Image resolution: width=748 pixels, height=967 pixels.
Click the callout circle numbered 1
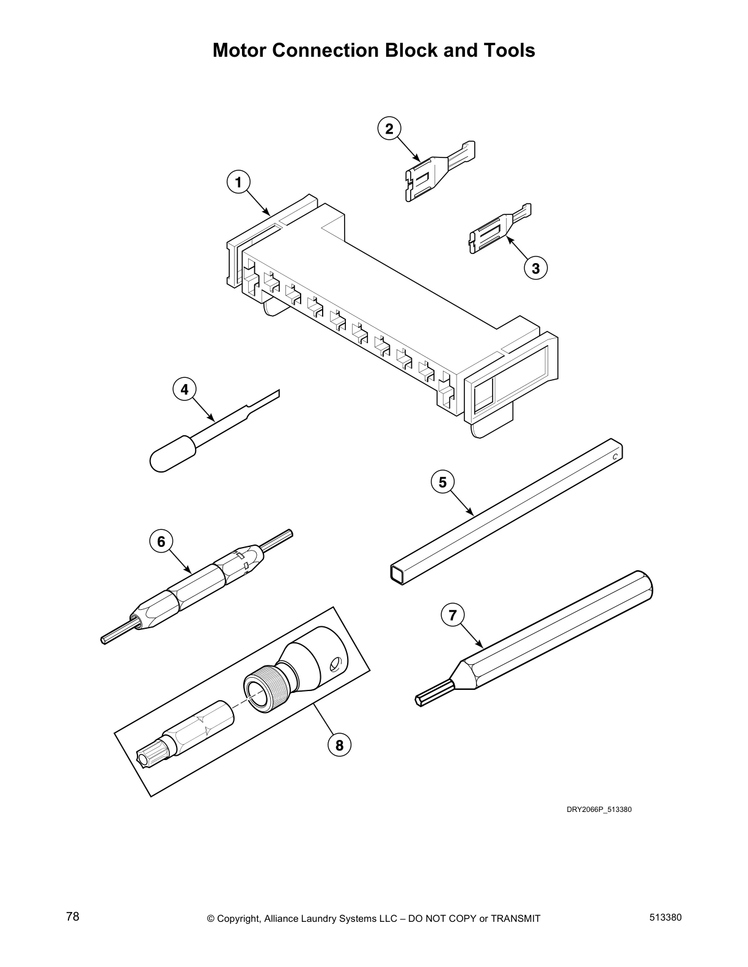pyautogui.click(x=239, y=182)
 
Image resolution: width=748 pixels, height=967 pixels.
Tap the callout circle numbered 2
pyautogui.click(x=389, y=128)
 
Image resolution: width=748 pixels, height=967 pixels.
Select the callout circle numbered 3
pyautogui.click(x=535, y=268)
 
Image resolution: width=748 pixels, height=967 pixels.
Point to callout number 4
pyautogui.click(x=185, y=389)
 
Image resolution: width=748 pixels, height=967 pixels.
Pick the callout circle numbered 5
pyautogui.click(x=442, y=482)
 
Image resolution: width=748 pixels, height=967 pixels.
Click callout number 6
pyautogui.click(x=161, y=541)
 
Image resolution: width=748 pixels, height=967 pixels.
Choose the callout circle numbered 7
pyautogui.click(x=452, y=615)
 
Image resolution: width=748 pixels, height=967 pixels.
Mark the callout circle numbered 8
pyautogui.click(x=340, y=745)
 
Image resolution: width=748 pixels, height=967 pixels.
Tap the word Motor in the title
pyautogui.click(x=240, y=50)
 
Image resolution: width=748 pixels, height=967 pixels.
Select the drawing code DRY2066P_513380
pyautogui.click(x=598, y=809)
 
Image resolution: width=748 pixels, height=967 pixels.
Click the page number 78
pyautogui.click(x=73, y=916)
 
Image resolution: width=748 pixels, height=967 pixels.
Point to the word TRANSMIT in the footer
pyautogui.click(x=515, y=919)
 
